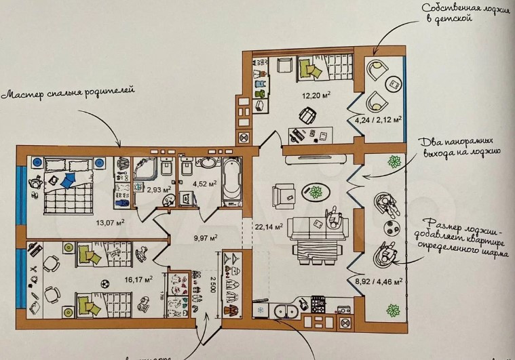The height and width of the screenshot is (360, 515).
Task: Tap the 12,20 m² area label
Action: (316, 95)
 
